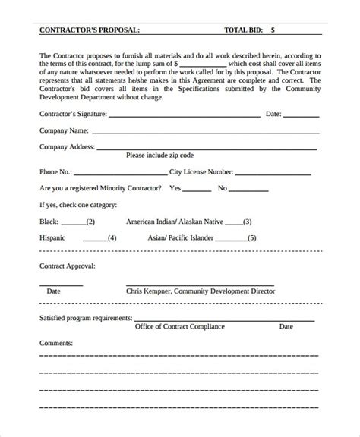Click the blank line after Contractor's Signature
182,116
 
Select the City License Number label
203,171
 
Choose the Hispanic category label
53,237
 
